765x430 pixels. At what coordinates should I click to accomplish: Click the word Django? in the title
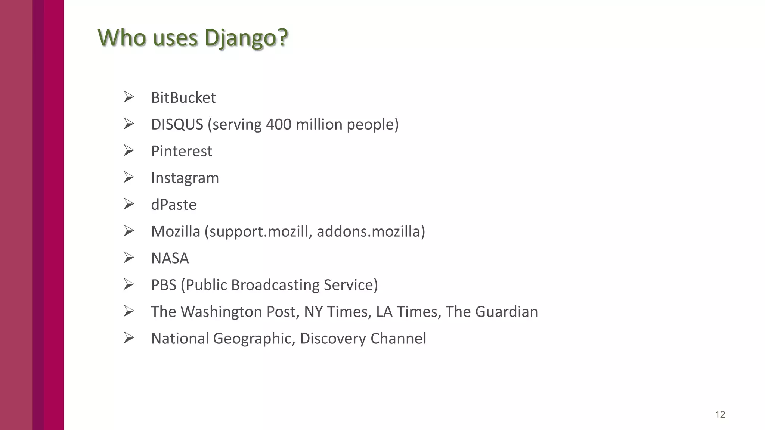[x=247, y=38]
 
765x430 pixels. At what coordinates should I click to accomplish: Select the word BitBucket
[x=183, y=98]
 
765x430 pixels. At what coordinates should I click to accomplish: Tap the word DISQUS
[x=177, y=124]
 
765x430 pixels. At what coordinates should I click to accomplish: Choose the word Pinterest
[x=182, y=151]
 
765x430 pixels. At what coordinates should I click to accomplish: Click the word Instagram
[x=185, y=178]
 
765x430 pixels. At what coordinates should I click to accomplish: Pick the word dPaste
[x=174, y=205]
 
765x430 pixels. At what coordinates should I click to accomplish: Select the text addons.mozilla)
[x=371, y=231]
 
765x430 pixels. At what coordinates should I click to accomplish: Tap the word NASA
[x=170, y=258]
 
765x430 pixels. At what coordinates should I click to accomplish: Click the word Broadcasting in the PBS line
[x=275, y=285]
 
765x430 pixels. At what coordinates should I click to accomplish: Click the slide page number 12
[x=720, y=415]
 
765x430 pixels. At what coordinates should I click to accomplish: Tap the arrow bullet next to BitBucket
[x=128, y=97]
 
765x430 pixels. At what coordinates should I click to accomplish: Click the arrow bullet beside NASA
[x=128, y=258]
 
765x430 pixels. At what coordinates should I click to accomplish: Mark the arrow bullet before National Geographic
[x=128, y=338]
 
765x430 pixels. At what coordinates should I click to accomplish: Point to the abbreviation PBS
[x=164, y=285]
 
